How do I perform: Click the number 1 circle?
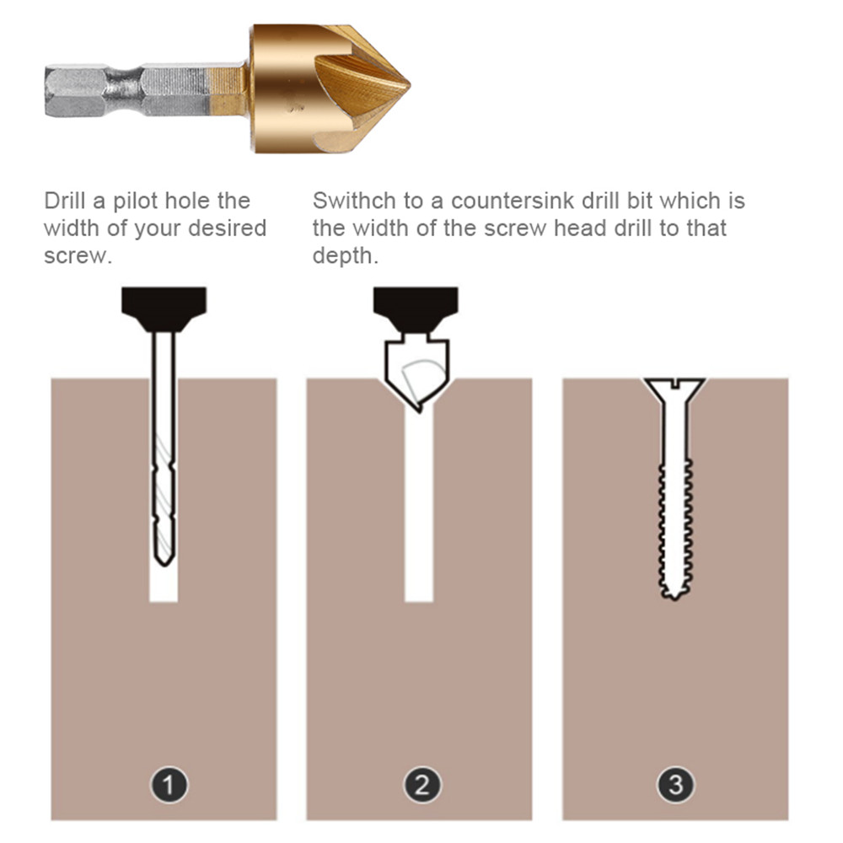(x=169, y=784)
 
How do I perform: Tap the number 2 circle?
(x=422, y=784)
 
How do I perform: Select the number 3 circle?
(x=676, y=784)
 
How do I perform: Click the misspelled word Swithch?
(x=355, y=201)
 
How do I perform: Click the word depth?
(x=345, y=256)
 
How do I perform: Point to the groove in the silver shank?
(x=126, y=90)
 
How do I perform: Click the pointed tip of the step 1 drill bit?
(x=164, y=565)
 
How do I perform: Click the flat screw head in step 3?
(x=674, y=388)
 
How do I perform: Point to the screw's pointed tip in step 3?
(x=674, y=597)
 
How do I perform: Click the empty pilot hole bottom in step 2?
(x=419, y=598)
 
